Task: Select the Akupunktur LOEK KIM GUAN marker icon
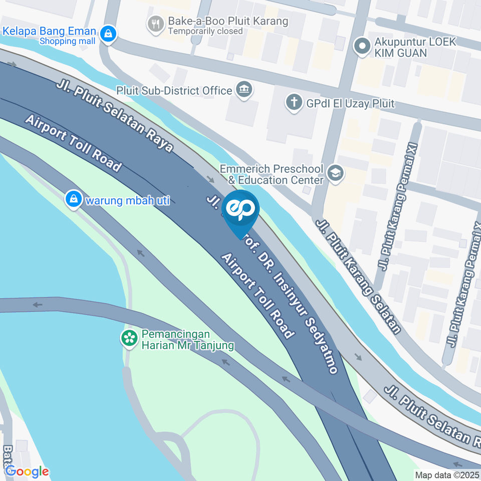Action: (361, 47)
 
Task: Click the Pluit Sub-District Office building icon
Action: (244, 90)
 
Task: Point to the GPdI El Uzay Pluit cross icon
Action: (294, 103)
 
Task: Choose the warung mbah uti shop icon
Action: (74, 199)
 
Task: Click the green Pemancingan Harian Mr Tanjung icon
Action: (130, 338)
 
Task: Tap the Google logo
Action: (27, 471)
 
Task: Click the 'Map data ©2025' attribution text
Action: (447, 474)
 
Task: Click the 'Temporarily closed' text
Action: (205, 31)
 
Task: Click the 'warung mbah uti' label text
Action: (128, 200)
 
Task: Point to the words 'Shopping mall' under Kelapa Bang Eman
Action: (67, 41)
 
